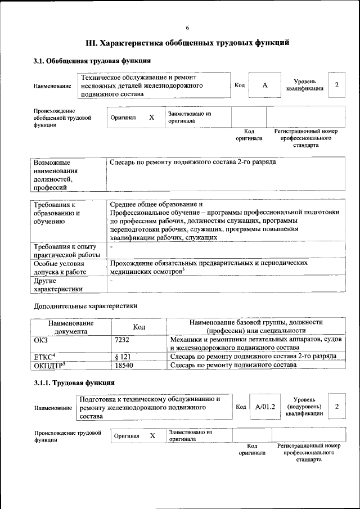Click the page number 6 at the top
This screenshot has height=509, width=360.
187,28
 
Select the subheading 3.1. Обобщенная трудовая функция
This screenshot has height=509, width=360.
92,61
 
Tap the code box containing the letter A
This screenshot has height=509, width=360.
264,85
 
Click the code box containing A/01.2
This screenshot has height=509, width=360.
264,407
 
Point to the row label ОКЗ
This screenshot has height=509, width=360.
41,340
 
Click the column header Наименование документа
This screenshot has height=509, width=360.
71,327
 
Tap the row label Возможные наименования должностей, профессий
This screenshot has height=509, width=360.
56,174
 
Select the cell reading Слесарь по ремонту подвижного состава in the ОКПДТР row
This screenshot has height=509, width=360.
233,365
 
